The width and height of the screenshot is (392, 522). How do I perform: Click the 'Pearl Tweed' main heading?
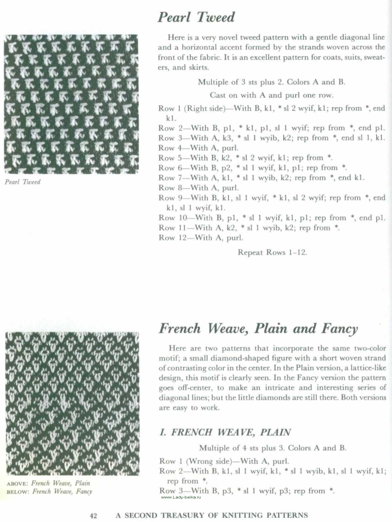point(196,17)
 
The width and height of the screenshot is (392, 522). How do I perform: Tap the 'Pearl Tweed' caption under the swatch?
point(23,182)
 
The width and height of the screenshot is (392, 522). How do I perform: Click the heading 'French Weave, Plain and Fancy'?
point(258,329)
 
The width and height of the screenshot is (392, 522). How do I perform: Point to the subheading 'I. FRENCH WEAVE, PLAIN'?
point(225,432)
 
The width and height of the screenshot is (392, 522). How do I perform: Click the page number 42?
point(93,515)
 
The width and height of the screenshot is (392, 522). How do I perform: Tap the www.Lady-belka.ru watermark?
point(181,497)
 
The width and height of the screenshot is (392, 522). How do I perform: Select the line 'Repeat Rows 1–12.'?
point(272,252)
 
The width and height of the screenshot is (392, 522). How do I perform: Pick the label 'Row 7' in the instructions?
point(170,178)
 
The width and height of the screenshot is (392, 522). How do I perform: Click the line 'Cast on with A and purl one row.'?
point(271,95)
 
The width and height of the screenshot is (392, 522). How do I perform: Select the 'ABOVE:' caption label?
point(18,483)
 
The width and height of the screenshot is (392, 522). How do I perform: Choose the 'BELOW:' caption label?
point(18,492)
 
